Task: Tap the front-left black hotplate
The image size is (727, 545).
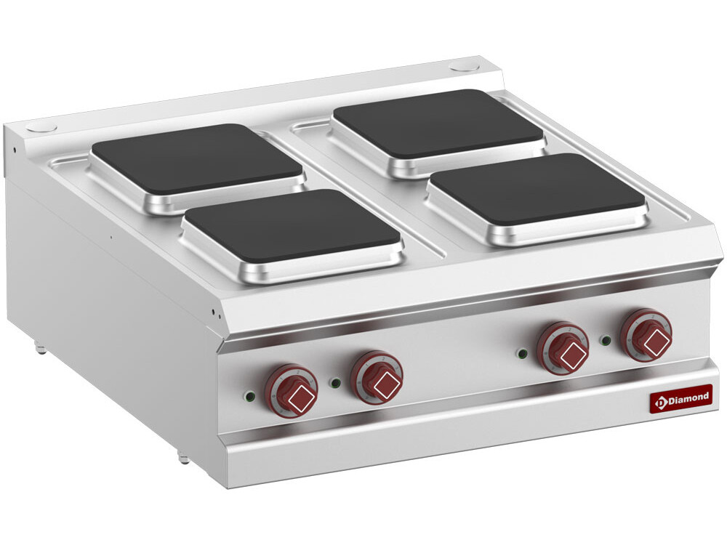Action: pos(291,226)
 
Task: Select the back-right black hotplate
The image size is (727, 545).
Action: pos(438,123)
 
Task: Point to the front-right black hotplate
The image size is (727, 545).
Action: pos(537,189)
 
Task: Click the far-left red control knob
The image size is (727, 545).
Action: pos(291,391)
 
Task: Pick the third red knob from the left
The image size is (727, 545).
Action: pos(563,347)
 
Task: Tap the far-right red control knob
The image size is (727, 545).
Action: pos(646,334)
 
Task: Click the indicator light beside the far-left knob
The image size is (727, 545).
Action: pos(249,396)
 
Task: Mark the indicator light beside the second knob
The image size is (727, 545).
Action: pos(335,382)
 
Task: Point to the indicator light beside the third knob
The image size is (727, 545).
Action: pos(521,353)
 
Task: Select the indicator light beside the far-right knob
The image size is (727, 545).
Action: pos(605,339)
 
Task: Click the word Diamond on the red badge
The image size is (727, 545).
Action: pos(687,397)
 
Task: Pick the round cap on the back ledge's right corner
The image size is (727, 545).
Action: pos(464,67)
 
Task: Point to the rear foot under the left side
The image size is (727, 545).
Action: pos(41,349)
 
